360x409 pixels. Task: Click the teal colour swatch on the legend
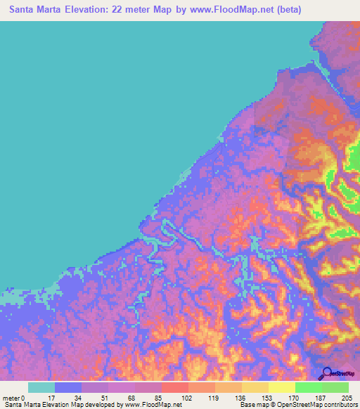click(x=41, y=387)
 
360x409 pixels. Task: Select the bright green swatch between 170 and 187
click(x=308, y=387)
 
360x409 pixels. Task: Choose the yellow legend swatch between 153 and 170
click(x=281, y=387)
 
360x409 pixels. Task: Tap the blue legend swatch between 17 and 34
click(x=68, y=387)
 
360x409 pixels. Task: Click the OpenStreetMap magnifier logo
click(x=326, y=375)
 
